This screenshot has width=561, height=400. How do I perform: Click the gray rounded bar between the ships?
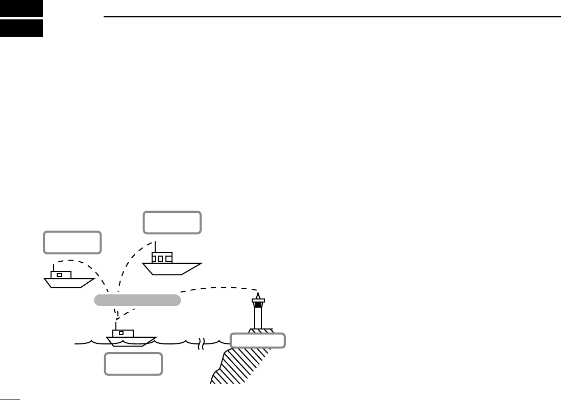coord(138,300)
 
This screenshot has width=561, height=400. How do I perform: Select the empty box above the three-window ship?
coord(172,222)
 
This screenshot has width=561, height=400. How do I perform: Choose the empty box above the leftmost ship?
coord(72,242)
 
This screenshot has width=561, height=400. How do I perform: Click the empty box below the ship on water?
coord(133,364)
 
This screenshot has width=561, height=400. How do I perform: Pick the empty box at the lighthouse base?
coord(257,340)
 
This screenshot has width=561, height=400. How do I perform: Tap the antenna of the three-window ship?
coord(155,246)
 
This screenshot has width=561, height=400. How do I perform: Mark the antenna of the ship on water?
coord(116,325)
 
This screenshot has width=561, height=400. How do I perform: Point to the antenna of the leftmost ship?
coord(53,267)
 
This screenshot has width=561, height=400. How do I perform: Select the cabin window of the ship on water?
coord(121,333)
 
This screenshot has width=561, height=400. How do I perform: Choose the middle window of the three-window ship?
coord(160,258)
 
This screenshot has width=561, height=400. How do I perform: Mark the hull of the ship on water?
coord(131,341)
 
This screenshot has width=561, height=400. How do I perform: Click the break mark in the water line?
coord(202,344)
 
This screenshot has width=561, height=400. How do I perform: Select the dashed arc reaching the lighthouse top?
coord(219,289)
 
